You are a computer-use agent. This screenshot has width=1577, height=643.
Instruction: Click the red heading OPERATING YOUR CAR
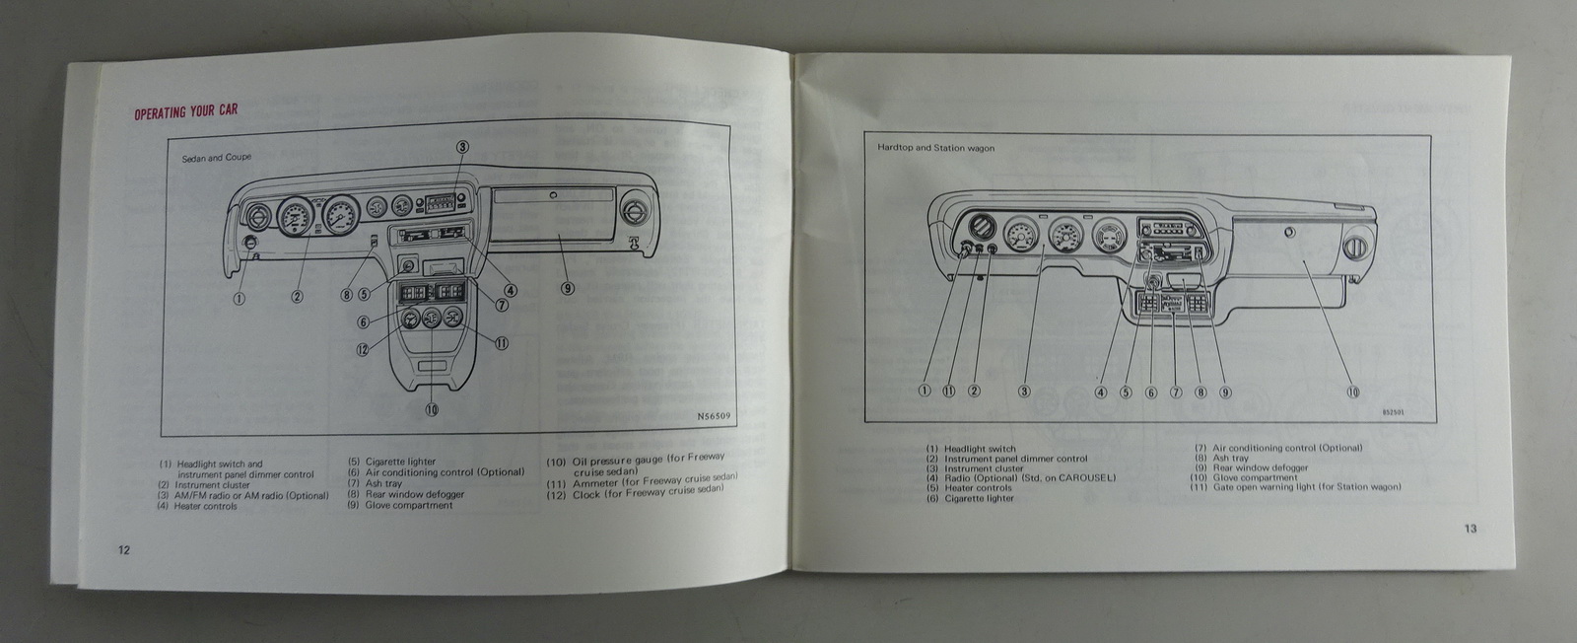[185, 112]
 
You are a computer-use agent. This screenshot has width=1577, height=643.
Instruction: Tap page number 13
[1470, 529]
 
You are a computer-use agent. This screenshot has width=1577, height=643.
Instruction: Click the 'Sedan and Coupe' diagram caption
[217, 158]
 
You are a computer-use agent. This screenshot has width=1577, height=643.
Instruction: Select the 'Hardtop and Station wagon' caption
[936, 148]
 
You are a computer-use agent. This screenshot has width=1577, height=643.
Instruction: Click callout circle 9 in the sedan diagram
[567, 289]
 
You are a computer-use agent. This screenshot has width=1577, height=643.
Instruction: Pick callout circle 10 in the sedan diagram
[432, 409]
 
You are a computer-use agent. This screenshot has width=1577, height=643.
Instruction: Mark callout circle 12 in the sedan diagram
[363, 348]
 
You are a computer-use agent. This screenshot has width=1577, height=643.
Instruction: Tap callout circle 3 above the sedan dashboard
[461, 146]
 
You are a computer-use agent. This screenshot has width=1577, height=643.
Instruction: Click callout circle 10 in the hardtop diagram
[1353, 392]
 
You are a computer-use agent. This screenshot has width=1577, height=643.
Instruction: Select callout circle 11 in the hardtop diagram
[949, 391]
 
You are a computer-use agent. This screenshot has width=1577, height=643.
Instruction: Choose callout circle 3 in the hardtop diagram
[1024, 391]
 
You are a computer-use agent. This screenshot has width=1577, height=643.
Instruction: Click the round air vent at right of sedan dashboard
[635, 211]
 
